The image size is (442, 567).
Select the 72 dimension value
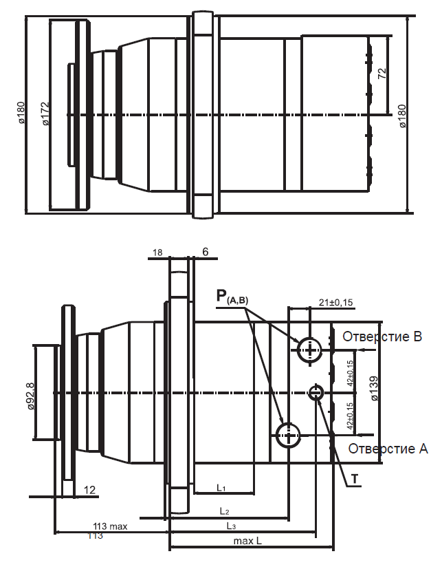[x=382, y=74]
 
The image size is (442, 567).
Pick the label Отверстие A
[x=388, y=449]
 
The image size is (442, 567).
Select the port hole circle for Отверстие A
[x=287, y=434]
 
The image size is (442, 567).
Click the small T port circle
[x=316, y=392]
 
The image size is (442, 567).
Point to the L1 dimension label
[x=221, y=488]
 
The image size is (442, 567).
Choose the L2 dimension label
[x=224, y=511]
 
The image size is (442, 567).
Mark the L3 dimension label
[x=232, y=526]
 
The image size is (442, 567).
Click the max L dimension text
[x=247, y=542]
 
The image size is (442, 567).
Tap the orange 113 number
[x=95, y=536]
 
